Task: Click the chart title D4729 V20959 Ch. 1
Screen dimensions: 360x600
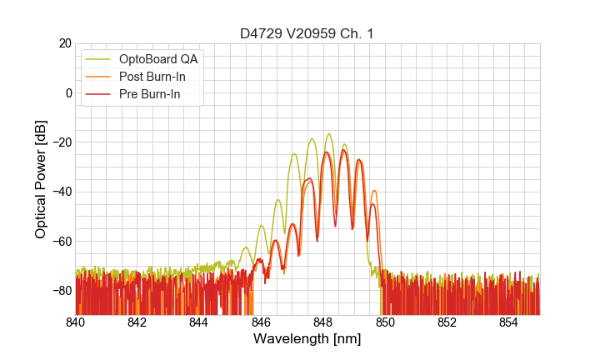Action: pyautogui.click(x=307, y=33)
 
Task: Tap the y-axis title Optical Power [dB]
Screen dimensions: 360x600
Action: pyautogui.click(x=40, y=179)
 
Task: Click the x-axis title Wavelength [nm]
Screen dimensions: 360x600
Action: pyautogui.click(x=307, y=339)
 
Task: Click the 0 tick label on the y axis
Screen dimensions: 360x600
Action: pyautogui.click(x=67, y=92)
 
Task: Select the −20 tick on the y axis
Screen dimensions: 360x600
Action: pyautogui.click(x=60, y=142)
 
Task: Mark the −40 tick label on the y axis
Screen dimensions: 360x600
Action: pyautogui.click(x=60, y=192)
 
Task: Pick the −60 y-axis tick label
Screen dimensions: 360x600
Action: pyautogui.click(x=60, y=242)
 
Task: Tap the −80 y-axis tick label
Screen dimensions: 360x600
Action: pyautogui.click(x=60, y=291)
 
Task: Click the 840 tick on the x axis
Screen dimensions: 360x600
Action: pyautogui.click(x=76, y=322)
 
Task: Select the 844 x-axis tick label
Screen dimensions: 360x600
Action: pyautogui.click(x=199, y=322)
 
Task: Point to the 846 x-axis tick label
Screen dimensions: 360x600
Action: pyautogui.click(x=261, y=322)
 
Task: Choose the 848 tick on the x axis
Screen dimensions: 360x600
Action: pyautogui.click(x=323, y=322)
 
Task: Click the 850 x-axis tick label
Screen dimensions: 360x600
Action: pyautogui.click(x=385, y=322)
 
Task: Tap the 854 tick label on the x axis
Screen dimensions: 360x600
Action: pyautogui.click(x=509, y=322)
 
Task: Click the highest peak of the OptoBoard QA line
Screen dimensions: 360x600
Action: pyautogui.click(x=328, y=134)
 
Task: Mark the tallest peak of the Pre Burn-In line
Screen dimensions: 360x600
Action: pyautogui.click(x=343, y=150)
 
